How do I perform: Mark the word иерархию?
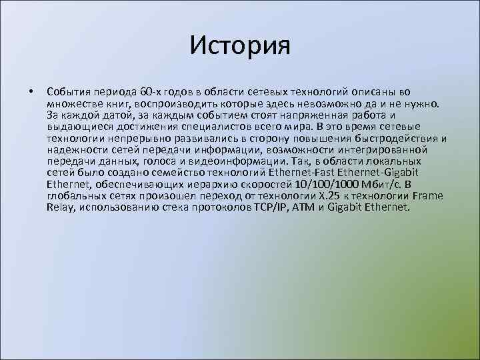[213, 184]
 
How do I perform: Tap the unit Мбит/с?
[385, 184]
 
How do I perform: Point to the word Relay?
[61, 207]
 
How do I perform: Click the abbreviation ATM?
[305, 207]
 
